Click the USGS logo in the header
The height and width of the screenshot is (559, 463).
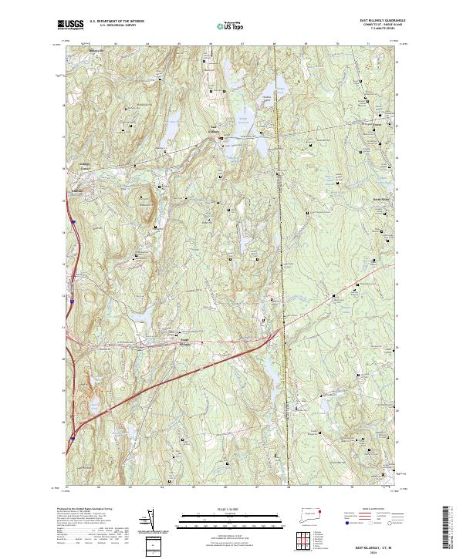point(71,25)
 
